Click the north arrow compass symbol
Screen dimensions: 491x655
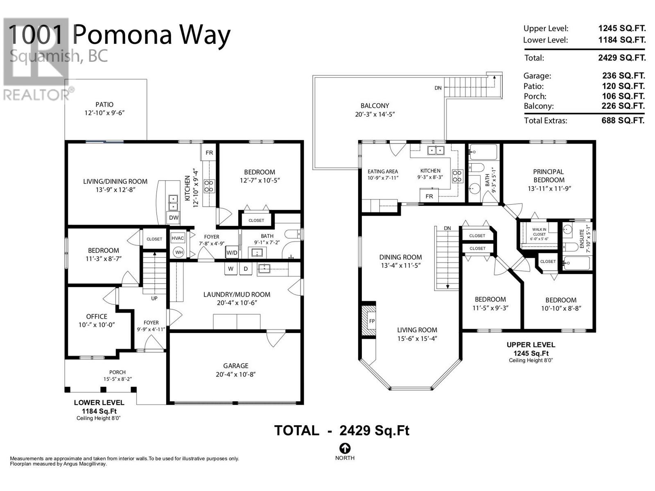[345, 448]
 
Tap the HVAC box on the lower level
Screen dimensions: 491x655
[178, 238]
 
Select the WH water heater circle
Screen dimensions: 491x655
[178, 252]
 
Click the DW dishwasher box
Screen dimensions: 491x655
[174, 218]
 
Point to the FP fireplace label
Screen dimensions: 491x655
[372, 321]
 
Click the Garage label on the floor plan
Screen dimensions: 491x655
[235, 366]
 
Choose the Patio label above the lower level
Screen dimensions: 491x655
[104, 105]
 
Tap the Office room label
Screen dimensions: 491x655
[97, 316]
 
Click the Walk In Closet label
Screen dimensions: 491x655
[539, 232]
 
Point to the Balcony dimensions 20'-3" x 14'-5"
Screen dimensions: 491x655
[375, 115]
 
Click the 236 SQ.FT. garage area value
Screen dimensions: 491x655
[623, 76]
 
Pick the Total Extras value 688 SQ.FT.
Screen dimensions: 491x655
[623, 120]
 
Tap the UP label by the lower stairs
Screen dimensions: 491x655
[154, 298]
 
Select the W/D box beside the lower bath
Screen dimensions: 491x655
[232, 252]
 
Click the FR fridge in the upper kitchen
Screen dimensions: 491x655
[429, 196]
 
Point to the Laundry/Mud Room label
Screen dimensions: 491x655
[237, 294]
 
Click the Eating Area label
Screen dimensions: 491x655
[382, 171]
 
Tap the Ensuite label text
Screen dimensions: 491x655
[582, 239]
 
